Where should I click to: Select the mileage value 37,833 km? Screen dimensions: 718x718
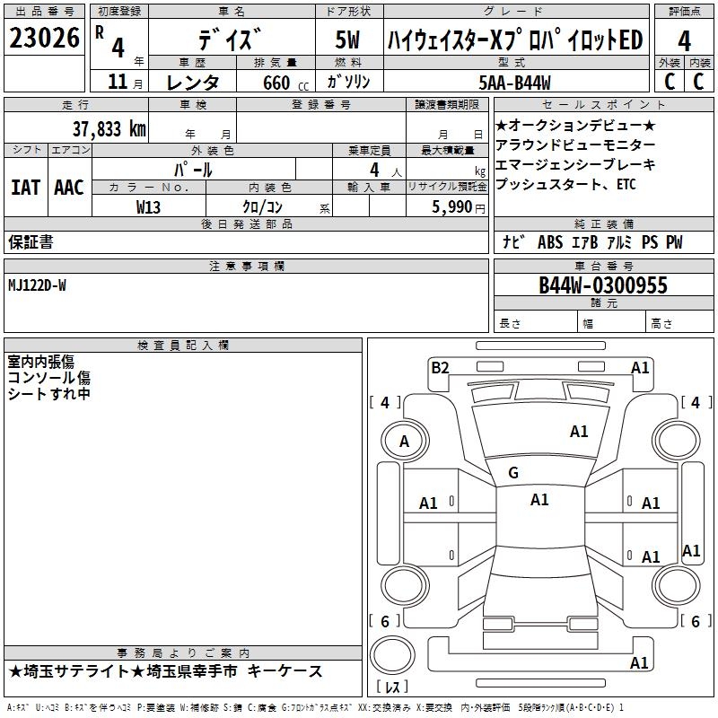109,129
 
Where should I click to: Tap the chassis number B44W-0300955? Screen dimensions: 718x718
603,285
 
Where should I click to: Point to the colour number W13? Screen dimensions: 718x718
149,206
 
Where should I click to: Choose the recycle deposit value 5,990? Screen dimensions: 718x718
447,206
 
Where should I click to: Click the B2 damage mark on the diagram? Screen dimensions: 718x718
440,367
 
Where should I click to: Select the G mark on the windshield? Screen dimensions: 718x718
513,473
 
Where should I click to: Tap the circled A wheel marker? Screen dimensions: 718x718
404,441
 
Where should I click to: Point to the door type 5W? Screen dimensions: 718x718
347,39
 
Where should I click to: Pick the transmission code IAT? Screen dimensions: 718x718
25,187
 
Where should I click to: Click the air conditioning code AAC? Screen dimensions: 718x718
69,187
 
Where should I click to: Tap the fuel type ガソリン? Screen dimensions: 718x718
347,82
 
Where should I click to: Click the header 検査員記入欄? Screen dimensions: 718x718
183,346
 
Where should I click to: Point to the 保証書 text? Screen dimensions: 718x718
31,241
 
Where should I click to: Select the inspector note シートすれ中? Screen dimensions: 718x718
49,393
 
